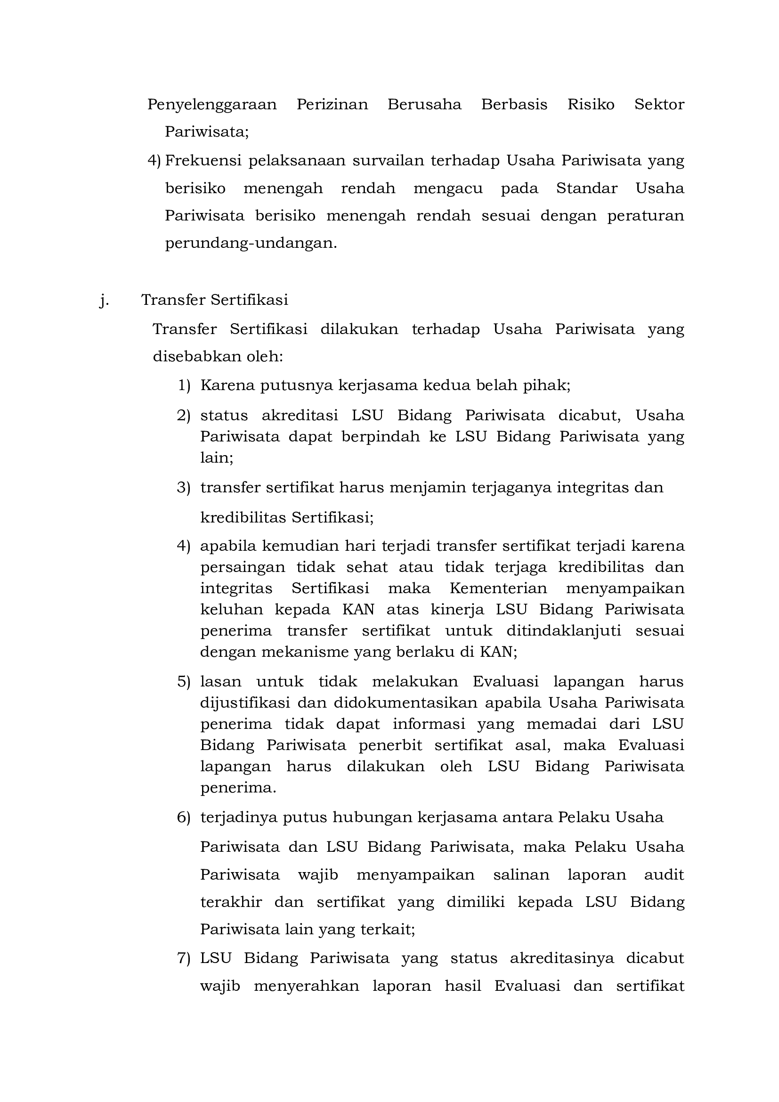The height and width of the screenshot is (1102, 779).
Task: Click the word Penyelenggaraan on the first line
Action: click(x=211, y=105)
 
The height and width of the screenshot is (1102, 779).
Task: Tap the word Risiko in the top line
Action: click(x=591, y=104)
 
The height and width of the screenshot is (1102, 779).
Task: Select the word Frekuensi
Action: click(x=203, y=160)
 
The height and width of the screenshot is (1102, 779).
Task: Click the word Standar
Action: click(x=586, y=188)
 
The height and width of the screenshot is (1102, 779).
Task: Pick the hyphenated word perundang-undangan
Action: click(x=251, y=243)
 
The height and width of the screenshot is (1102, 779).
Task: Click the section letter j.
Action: click(x=103, y=300)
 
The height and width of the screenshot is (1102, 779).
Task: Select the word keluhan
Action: click(x=231, y=610)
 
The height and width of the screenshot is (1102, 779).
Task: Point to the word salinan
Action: click(x=521, y=874)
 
